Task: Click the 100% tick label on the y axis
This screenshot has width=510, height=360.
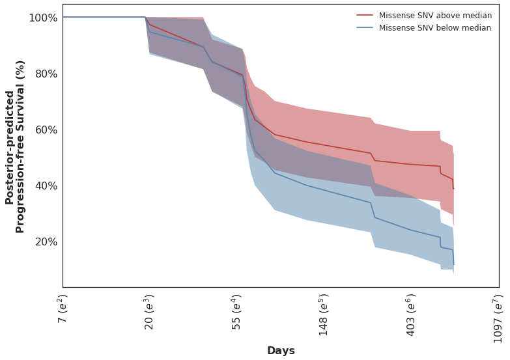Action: pyautogui.click(x=42, y=18)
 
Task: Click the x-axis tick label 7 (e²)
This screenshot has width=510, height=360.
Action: pyautogui.click(x=63, y=309)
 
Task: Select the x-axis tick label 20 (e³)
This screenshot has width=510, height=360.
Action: pyautogui.click(x=150, y=312)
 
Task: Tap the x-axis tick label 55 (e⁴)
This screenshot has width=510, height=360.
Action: pyautogui.click(x=237, y=312)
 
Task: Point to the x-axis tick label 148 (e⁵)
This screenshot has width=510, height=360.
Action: pyautogui.click(x=324, y=314)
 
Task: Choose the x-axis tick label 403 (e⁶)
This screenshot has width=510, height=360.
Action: pyautogui.click(x=411, y=314)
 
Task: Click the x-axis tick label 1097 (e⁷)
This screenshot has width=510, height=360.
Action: pyautogui.click(x=498, y=318)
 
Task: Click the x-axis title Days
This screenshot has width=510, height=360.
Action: pyautogui.click(x=281, y=351)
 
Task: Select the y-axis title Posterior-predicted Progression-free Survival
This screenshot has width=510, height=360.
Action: pyautogui.click(x=15, y=146)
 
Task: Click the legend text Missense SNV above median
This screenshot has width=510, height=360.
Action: pyautogui.click(x=435, y=16)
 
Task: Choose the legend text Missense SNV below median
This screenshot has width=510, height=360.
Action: pyautogui.click(x=435, y=28)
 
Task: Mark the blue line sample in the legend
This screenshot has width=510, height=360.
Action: pyautogui.click(x=365, y=28)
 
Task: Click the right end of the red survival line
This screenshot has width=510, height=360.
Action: pyautogui.click(x=453, y=189)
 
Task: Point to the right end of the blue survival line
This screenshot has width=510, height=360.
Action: pyautogui.click(x=453, y=264)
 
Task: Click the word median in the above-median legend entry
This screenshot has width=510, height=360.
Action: pyautogui.click(x=477, y=16)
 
